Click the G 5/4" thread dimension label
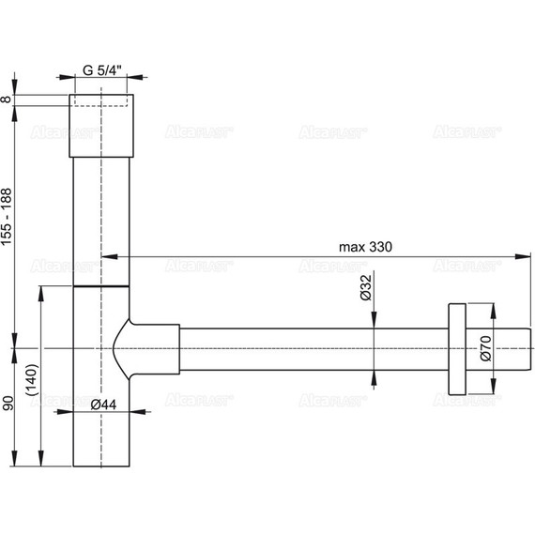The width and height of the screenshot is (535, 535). (101, 70)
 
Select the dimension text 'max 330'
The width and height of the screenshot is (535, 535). (365, 246)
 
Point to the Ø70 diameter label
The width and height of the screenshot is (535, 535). (484, 348)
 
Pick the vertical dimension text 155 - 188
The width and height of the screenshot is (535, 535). (8, 215)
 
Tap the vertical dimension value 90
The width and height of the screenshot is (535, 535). (8, 405)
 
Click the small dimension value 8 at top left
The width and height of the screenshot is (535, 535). (8, 99)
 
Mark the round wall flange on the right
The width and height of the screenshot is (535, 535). (457, 348)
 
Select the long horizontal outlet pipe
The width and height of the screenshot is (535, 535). (310, 348)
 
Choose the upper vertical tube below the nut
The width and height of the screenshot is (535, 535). (101, 216)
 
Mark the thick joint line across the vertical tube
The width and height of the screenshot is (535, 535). (101, 283)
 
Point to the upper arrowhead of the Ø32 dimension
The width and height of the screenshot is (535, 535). (374, 323)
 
